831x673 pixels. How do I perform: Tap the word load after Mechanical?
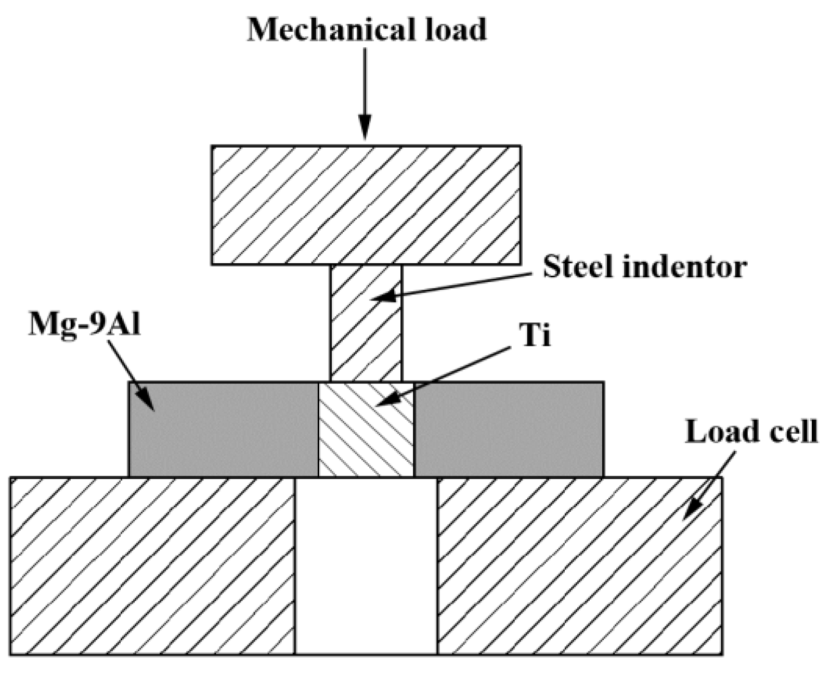tap(452, 30)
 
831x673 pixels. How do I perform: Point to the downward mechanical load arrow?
tap(365, 94)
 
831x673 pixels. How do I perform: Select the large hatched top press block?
tap(365, 205)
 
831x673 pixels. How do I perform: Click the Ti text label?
tap(535, 335)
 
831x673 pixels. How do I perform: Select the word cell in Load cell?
tap(794, 432)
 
